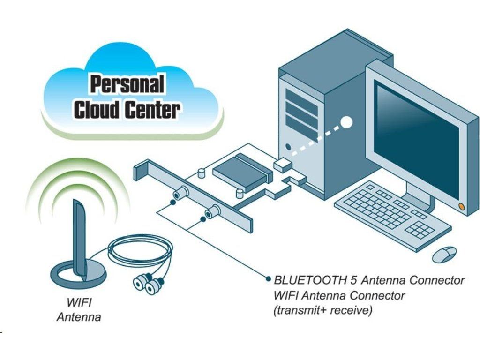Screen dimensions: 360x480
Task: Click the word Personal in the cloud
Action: coord(127,85)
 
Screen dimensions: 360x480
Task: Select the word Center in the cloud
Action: coord(152,110)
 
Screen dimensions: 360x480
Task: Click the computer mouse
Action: coord(444,254)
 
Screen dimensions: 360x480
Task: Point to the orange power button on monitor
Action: coord(462,206)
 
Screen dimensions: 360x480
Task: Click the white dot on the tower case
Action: coord(346,122)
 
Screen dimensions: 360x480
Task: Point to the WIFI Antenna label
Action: coord(79,309)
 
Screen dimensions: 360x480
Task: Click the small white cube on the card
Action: coord(282,164)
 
